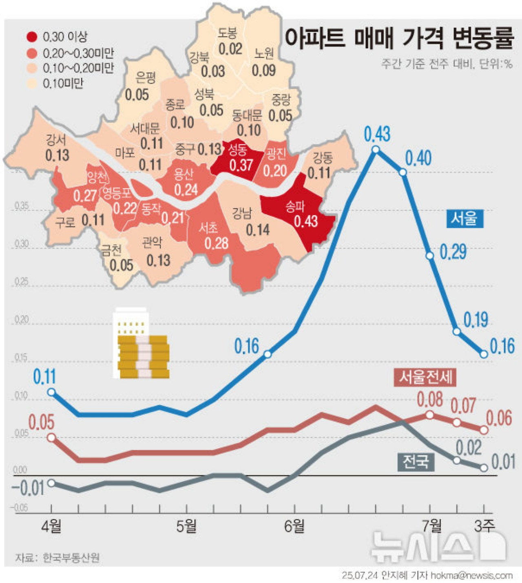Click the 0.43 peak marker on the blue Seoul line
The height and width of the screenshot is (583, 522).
coord(376,150)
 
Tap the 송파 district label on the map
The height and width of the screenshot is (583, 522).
coord(294,207)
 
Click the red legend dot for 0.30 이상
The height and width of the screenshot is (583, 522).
coord(32,37)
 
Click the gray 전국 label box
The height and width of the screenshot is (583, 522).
coord(416,462)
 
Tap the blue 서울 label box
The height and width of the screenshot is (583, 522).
coord(464,219)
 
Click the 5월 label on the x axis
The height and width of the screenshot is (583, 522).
coord(186,526)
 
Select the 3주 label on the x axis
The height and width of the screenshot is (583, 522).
coord(484,526)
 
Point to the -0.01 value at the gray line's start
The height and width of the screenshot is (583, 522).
coord(28,488)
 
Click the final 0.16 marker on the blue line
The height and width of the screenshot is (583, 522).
coord(484,354)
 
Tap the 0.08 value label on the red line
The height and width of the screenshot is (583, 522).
coord(429,400)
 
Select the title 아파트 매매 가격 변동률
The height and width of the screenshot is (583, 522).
coord(398,38)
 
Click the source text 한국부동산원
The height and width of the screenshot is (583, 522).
coord(71,557)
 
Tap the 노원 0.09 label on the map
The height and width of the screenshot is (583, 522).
coord(264,62)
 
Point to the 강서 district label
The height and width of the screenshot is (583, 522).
coord(56,140)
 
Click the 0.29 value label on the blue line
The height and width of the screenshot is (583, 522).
coord(453,252)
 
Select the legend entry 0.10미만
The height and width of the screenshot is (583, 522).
coord(63,84)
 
